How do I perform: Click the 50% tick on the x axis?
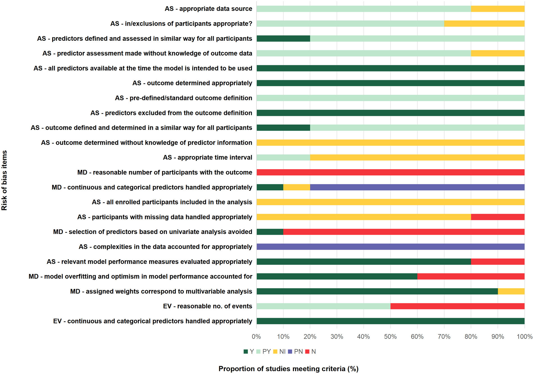390,337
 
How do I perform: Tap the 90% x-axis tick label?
497,337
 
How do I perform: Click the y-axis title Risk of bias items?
4,180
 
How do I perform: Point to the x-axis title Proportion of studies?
288,369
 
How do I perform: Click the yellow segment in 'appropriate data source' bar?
497,9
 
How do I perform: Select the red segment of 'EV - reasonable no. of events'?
457,306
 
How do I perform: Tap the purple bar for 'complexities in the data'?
390,247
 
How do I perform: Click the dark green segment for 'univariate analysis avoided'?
270,232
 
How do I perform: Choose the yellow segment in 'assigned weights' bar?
511,291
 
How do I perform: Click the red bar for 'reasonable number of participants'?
390,172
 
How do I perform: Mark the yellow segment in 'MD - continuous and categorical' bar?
297,187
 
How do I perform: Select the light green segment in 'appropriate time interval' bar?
283,157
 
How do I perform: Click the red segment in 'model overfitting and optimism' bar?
471,276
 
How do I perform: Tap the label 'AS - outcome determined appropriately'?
192,83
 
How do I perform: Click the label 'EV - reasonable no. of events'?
207,306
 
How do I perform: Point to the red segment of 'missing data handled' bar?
497,217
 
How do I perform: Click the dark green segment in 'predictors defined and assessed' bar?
283,39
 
